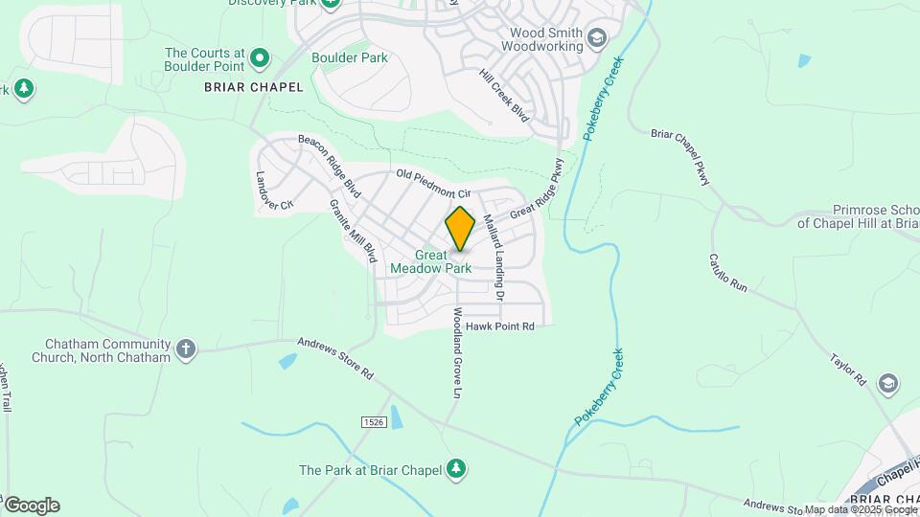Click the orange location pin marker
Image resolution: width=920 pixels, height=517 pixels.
pos(460,228)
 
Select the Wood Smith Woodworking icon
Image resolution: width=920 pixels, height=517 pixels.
pos(597,38)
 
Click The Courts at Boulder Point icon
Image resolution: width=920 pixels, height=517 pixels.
pos(259,59)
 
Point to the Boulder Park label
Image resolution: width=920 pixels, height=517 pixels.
pos(350,57)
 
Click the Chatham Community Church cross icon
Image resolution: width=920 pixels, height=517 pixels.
pos(186,349)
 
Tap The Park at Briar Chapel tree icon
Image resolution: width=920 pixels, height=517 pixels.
pos(458,468)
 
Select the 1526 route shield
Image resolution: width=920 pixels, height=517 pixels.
pos(374,422)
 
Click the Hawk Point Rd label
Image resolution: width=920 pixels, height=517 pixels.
pos(500,326)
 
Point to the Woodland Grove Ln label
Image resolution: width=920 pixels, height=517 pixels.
pos(458,353)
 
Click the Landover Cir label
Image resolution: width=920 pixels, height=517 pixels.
pos(273,192)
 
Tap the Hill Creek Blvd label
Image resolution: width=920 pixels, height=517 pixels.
pos(504,97)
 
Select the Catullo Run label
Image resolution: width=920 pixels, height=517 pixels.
pos(727,273)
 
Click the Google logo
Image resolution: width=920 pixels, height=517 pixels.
pos(32,506)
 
